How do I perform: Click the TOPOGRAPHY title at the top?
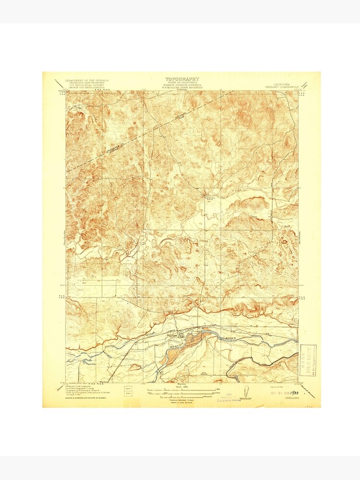tap(182, 79)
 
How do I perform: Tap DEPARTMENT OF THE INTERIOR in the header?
tap(87, 80)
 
